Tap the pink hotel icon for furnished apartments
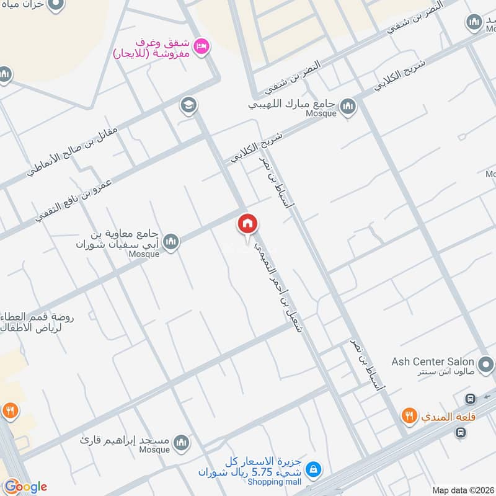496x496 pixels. [x=201, y=45]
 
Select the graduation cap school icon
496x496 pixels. [x=188, y=105]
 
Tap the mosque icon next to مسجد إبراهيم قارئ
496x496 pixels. [x=181, y=443]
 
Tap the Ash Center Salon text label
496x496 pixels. [x=433, y=361]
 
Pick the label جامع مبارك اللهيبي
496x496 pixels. [x=291, y=105]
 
